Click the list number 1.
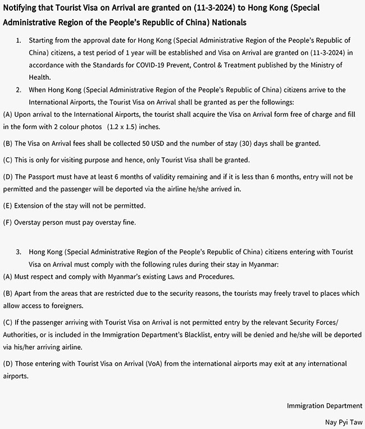click(19, 42)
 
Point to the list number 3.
click(19, 252)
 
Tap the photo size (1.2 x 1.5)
click(130, 126)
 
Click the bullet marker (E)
click(7, 205)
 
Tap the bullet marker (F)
click(7, 222)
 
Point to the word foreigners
click(65, 305)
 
